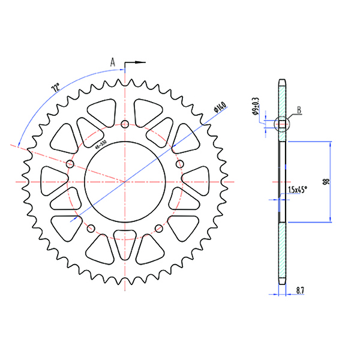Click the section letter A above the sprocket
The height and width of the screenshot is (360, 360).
pyautogui.click(x=112, y=61)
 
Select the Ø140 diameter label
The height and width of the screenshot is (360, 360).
pyautogui.click(x=218, y=108)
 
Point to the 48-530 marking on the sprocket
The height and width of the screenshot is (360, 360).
pyautogui.click(x=100, y=145)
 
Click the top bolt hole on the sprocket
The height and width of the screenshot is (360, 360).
pyautogui.click(x=124, y=124)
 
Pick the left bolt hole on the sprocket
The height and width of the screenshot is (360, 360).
pyautogui.click(x=70, y=164)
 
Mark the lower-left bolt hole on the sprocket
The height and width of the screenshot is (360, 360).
pyautogui.click(x=91, y=228)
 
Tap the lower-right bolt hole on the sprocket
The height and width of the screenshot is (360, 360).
pyautogui.click(x=158, y=228)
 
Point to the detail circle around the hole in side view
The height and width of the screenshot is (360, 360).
pyautogui.click(x=281, y=124)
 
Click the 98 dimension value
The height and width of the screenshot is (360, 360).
pyautogui.click(x=325, y=182)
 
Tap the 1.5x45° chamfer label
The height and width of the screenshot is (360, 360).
pyautogui.click(x=298, y=190)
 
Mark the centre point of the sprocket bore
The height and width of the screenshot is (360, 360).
pyautogui.click(x=124, y=181)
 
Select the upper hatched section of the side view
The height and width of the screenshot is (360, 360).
pyautogui.click(x=282, y=99)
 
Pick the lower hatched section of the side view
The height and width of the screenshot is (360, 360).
pyautogui.click(x=282, y=252)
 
